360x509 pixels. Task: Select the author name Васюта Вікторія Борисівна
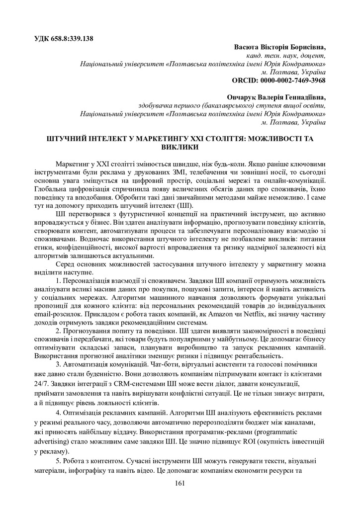coord(280,47)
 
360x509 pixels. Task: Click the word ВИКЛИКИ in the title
coord(180,147)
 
